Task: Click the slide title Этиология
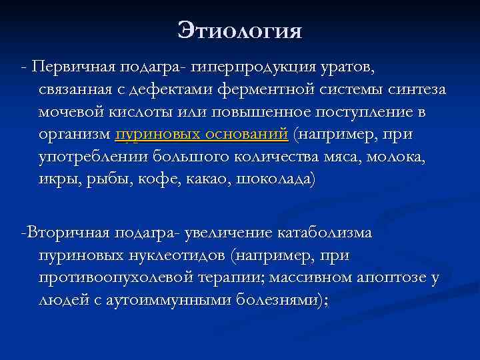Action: click(240, 30)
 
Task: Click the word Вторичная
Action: click(65, 234)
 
